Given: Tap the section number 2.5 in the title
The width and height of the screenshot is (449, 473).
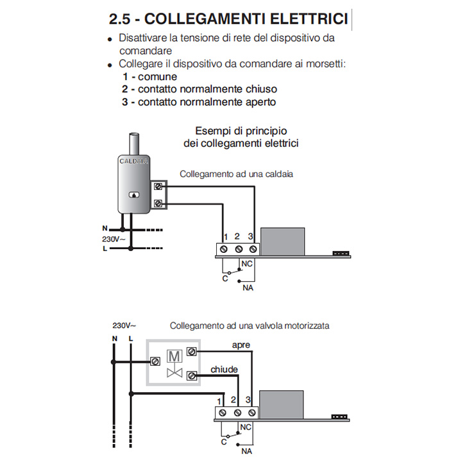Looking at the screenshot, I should [x=121, y=19].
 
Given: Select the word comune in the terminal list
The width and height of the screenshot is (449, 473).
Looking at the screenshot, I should [x=157, y=76].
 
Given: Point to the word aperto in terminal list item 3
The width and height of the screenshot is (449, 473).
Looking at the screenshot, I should [x=260, y=102].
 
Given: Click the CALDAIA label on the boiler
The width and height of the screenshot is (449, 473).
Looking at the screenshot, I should [x=134, y=162].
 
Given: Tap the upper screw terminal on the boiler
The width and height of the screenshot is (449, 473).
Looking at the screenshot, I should [x=158, y=187].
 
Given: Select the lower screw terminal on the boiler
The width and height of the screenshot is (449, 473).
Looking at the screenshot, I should [x=158, y=204].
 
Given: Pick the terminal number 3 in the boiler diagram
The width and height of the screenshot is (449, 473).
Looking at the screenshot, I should [x=251, y=236].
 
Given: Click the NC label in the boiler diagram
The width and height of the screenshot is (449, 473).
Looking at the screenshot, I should [x=247, y=264].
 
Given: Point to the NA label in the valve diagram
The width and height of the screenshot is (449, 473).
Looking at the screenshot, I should [x=247, y=452].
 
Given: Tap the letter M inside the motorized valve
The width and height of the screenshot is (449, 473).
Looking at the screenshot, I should [x=174, y=354].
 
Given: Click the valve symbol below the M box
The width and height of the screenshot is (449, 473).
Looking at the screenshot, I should [x=174, y=372].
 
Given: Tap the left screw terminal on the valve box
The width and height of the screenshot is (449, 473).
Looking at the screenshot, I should [x=155, y=361].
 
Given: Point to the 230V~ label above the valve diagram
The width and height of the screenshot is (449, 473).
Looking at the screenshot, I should [x=124, y=325].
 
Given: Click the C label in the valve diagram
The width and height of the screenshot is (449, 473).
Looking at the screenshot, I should [x=224, y=442].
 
